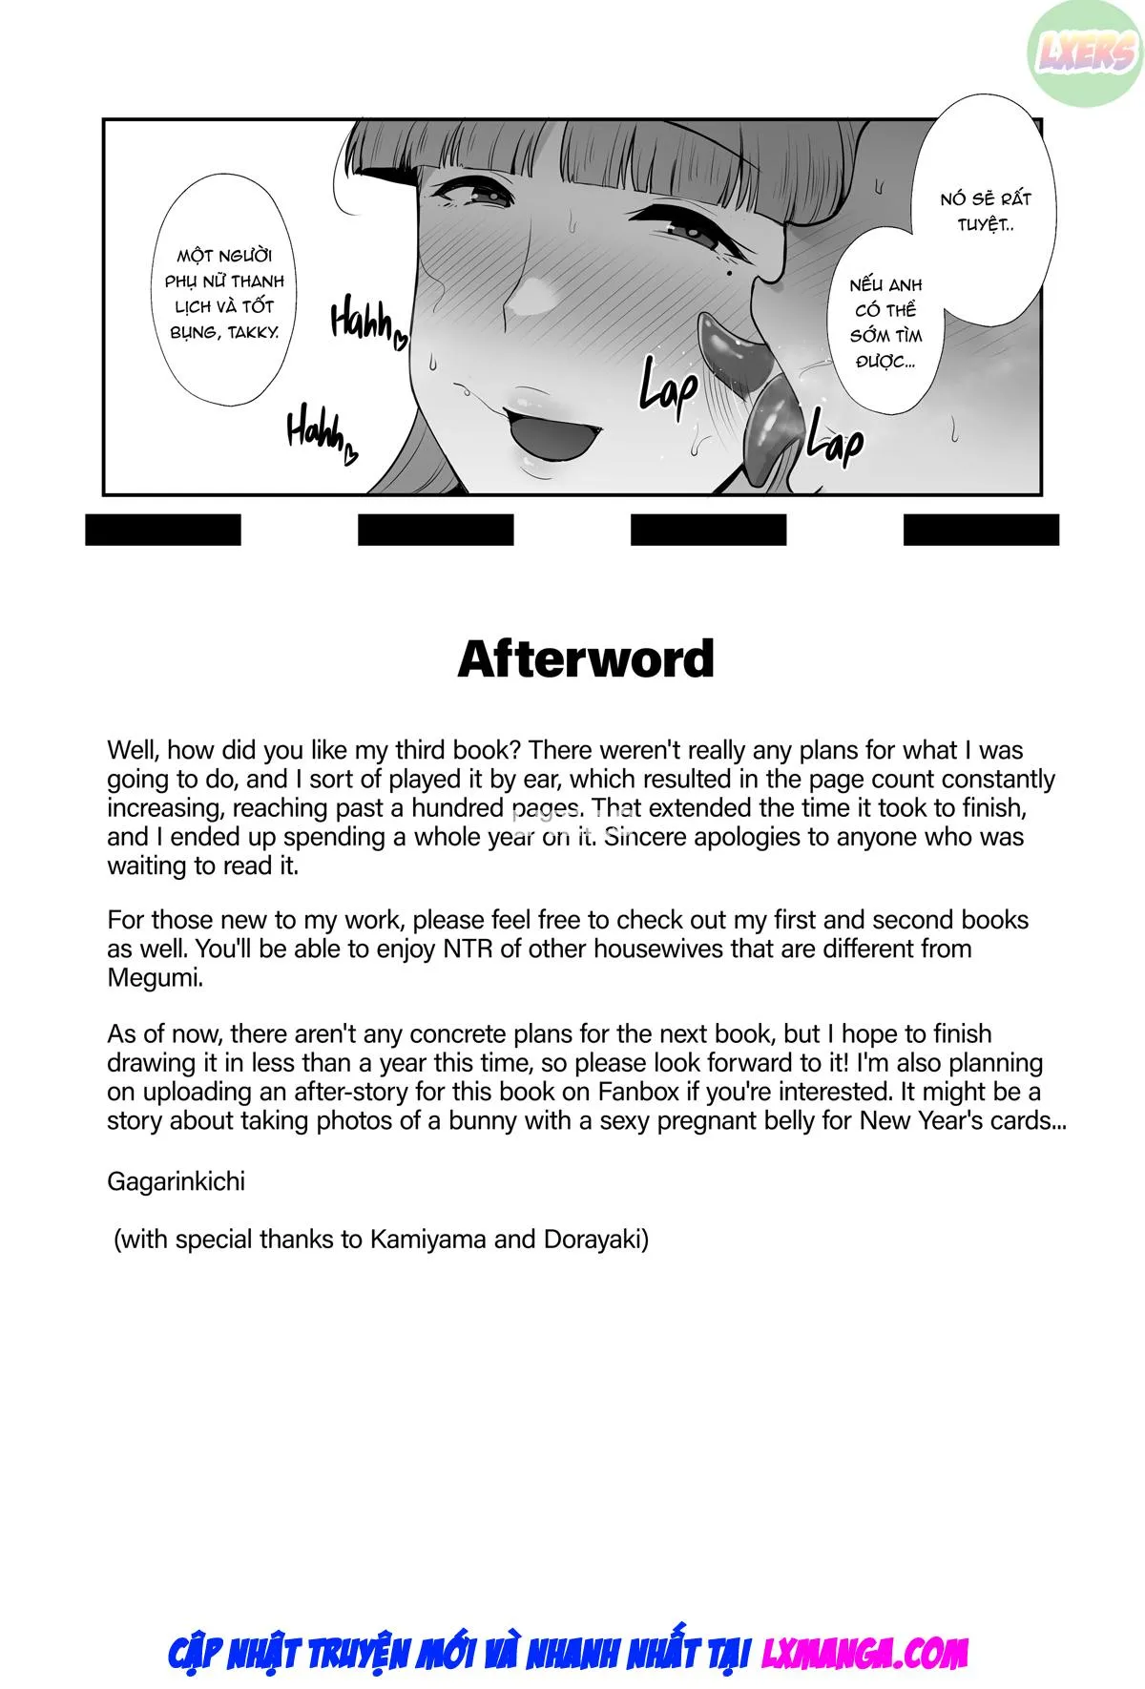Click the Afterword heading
tap(586, 659)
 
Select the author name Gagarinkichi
tap(176, 1181)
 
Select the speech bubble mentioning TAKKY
tap(224, 294)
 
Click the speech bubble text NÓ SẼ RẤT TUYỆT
tap(986, 212)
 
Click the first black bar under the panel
tap(163, 530)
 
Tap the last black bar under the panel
tap(981, 530)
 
